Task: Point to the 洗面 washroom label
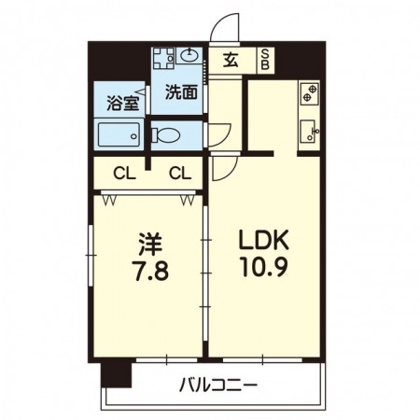click(180, 92)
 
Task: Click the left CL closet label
click(122, 173)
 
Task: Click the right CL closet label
click(180, 173)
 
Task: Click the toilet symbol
click(165, 134)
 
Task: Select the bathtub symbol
click(119, 134)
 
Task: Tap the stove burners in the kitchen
click(309, 93)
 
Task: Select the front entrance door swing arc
click(224, 30)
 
